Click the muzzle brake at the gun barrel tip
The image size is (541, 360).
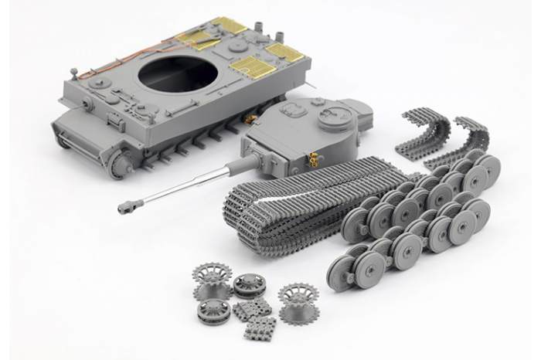point(127,207)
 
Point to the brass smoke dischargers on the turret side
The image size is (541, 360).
point(314,160)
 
